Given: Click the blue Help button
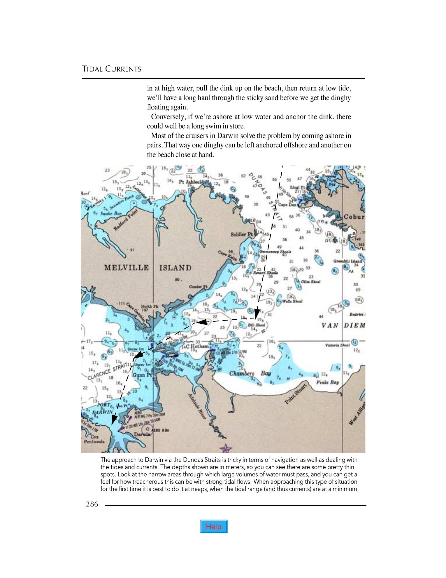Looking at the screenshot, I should [214, 526].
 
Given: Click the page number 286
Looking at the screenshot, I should [92, 504].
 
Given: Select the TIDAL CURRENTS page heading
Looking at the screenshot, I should [112, 69].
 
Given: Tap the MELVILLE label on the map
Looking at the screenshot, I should [127, 268].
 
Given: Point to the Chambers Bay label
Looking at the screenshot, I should [250, 373].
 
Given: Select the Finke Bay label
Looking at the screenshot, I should [328, 382].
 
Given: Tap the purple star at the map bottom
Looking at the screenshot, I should [225, 448].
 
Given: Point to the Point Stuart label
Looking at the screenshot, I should [296, 394].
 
